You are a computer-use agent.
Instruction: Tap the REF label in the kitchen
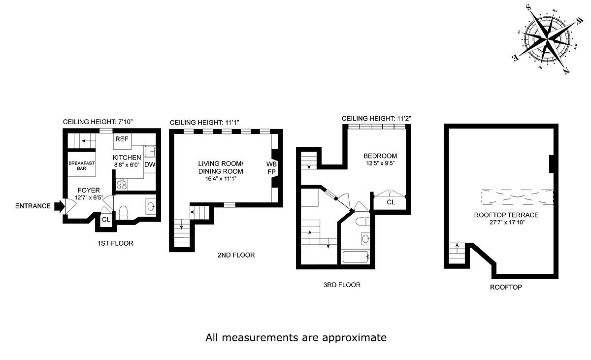click(122, 139)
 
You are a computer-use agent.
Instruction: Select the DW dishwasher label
click(150, 165)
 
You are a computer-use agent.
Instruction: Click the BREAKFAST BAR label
click(82, 166)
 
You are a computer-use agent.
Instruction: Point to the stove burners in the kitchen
click(122, 185)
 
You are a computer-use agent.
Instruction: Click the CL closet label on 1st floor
click(105, 219)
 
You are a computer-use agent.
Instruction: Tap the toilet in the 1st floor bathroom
click(124, 212)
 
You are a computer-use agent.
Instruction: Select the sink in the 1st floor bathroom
click(151, 205)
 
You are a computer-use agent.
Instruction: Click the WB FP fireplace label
click(271, 167)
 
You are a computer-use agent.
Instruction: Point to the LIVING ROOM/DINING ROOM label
click(221, 167)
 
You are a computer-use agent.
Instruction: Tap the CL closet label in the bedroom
click(391, 202)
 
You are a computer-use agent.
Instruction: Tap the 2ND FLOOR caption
click(236, 255)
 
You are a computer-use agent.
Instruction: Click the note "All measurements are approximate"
click(295, 338)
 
